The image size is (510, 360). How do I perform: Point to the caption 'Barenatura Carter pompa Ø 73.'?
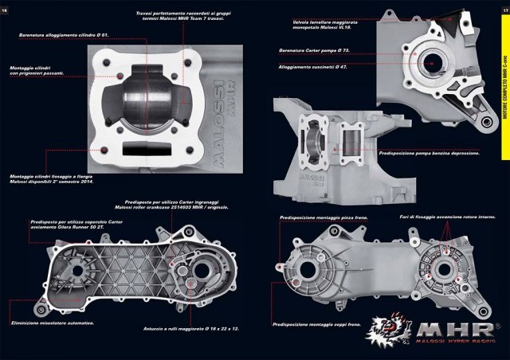(x=315, y=49)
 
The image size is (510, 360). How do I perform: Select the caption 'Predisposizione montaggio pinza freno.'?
(x=320, y=217)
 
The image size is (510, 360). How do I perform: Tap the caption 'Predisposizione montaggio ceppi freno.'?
(x=318, y=325)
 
